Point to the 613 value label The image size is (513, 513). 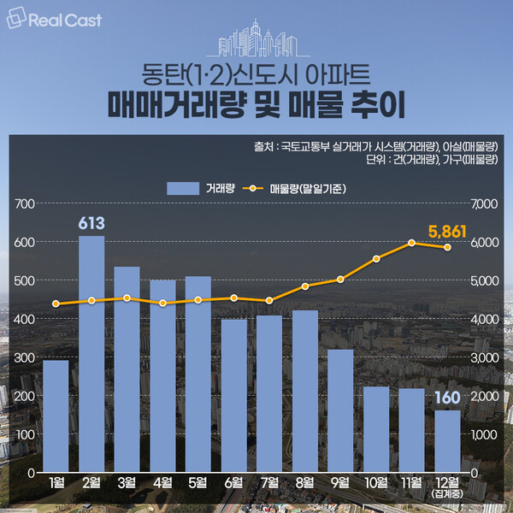pos(91,224)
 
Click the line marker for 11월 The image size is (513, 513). pos(411,243)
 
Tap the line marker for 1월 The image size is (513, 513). pos(56,304)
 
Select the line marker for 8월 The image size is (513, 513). pos(304,286)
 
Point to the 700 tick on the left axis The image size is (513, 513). pos(23,203)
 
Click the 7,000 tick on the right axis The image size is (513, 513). pos(485,203)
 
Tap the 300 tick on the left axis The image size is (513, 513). pos(23,357)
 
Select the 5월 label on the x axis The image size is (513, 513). pos(198,484)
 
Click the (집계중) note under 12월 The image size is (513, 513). pos(447,495)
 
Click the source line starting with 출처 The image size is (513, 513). pos(376,145)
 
